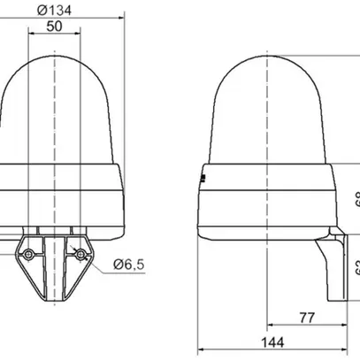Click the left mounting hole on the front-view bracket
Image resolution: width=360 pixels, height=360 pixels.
click(x=29, y=254)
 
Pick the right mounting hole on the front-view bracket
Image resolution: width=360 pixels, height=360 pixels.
click(x=81, y=254)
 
